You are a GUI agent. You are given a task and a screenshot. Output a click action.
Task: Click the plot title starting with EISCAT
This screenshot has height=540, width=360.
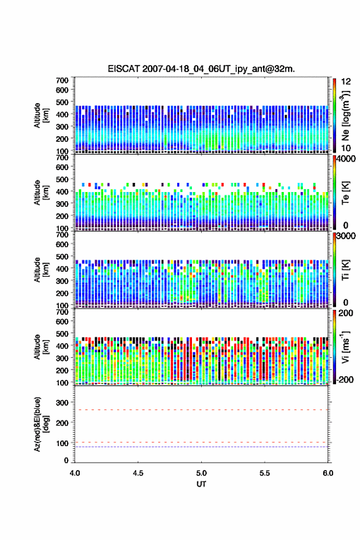[x=201, y=69]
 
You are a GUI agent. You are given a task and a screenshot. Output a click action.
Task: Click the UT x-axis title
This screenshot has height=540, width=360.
[x=201, y=484]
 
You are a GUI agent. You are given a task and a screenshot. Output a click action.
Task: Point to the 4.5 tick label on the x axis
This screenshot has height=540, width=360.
[x=138, y=473]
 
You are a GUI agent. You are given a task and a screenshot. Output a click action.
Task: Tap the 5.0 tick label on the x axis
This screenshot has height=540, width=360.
[x=201, y=473]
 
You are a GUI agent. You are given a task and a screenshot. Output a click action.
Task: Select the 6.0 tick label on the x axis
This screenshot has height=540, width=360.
[x=328, y=473]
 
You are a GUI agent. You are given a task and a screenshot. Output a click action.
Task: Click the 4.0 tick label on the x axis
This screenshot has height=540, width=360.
[x=75, y=473]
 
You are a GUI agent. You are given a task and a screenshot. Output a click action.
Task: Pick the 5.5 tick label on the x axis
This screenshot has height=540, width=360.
[x=265, y=473]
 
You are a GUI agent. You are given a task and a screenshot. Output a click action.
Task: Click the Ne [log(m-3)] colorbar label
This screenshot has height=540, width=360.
[x=345, y=116]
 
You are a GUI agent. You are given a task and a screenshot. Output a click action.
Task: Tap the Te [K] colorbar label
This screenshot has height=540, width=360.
[x=345, y=193]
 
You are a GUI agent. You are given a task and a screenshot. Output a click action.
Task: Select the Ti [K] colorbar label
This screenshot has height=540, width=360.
[x=345, y=270]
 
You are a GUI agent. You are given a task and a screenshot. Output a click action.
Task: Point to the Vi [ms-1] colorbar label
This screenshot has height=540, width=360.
[x=345, y=347]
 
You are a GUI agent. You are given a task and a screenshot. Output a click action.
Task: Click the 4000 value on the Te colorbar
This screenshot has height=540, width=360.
[x=347, y=159]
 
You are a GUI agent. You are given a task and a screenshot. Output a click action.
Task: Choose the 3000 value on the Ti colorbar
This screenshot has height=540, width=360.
[x=347, y=236]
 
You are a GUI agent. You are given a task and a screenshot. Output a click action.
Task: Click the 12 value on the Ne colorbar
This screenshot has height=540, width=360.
[x=346, y=82]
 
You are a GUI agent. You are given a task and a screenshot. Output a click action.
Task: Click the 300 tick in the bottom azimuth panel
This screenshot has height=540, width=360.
[x=63, y=403]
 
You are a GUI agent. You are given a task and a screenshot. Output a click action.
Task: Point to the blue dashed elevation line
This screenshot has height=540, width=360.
[x=201, y=447]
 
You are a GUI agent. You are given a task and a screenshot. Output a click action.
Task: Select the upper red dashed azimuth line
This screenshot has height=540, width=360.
[x=201, y=410]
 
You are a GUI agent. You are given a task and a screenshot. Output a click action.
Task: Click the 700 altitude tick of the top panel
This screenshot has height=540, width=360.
[x=63, y=80]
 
